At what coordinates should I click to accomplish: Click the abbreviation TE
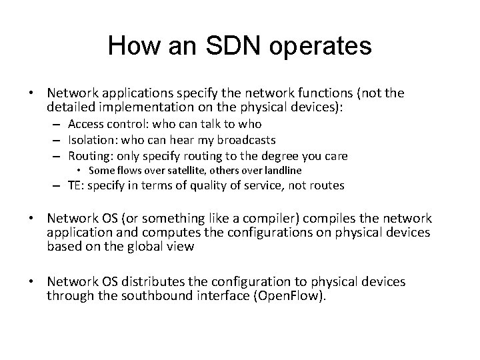coord(75,186)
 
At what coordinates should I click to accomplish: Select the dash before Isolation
coord(59,140)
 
